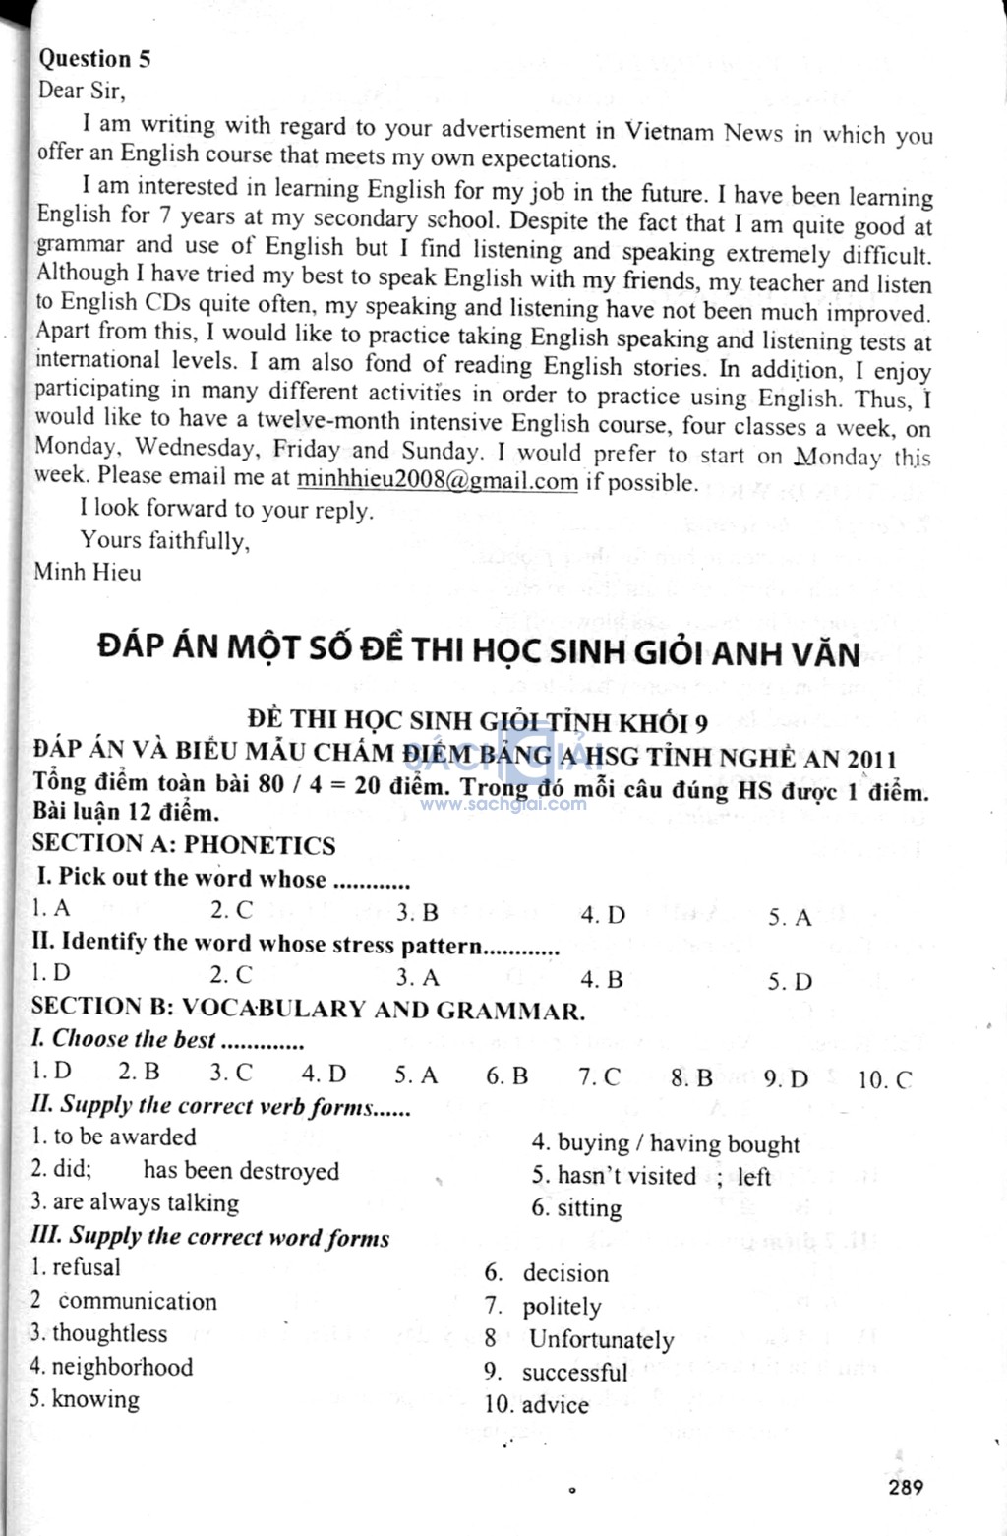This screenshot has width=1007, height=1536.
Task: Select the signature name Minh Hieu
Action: point(88,572)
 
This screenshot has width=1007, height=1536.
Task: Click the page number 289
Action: point(905,1486)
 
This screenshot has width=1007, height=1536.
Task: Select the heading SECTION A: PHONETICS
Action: point(184,844)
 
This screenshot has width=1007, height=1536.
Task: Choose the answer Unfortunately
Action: point(601,1340)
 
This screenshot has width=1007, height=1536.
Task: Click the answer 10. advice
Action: point(537,1405)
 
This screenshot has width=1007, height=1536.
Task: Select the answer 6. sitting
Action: point(577,1208)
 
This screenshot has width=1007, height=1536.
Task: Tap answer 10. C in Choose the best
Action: point(885,1080)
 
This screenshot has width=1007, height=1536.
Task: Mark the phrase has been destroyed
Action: point(241,1171)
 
